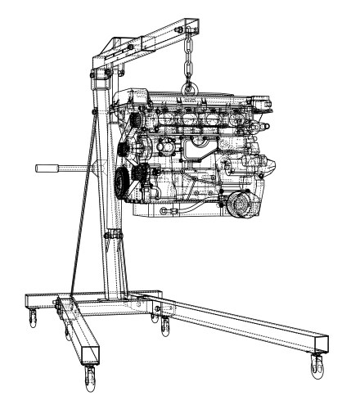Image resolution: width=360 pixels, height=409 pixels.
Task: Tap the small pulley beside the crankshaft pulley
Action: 144,174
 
